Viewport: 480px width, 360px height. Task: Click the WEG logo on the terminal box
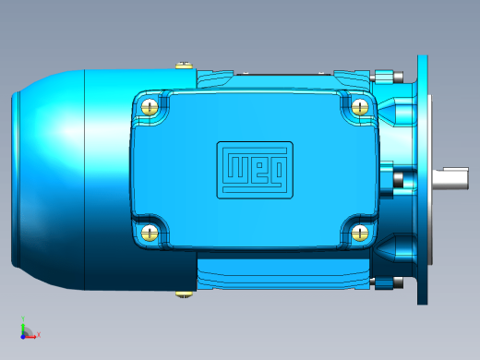click(255, 170)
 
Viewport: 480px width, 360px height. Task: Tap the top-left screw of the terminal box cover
click(150, 107)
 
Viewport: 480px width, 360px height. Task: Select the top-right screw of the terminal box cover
click(360, 107)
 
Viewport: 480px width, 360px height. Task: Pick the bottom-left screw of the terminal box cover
click(150, 233)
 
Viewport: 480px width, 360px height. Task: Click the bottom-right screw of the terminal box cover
click(360, 233)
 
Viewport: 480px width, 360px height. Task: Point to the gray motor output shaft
click(450, 178)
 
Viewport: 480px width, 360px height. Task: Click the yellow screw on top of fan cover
click(185, 65)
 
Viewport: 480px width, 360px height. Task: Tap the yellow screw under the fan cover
click(185, 294)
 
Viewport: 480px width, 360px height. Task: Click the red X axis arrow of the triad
click(30, 337)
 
